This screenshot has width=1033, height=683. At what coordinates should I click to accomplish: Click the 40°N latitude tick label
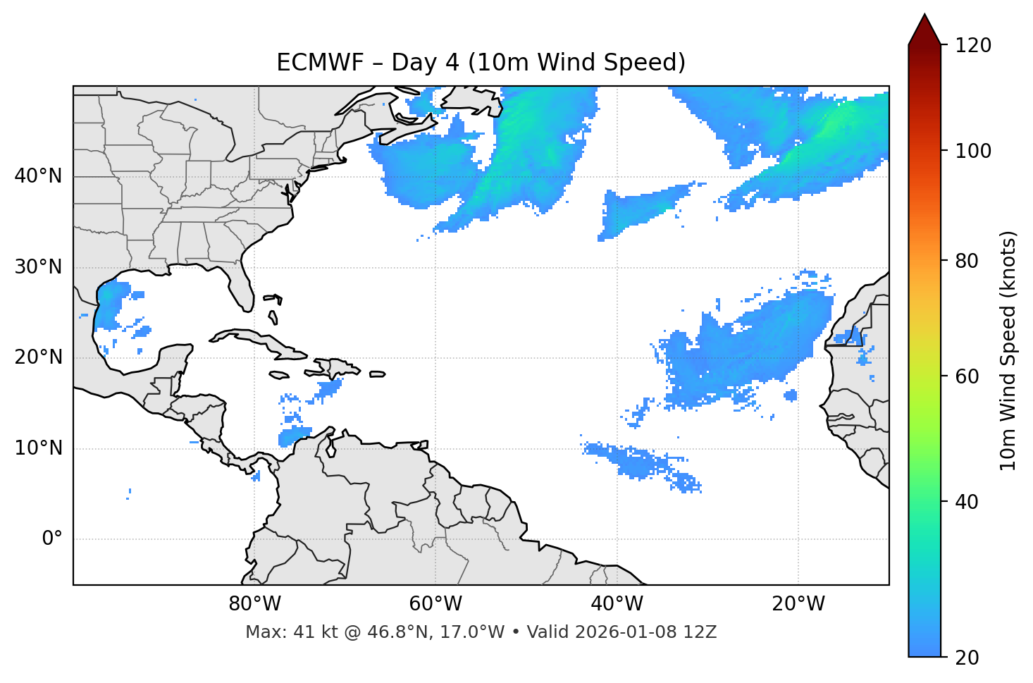[x=38, y=176]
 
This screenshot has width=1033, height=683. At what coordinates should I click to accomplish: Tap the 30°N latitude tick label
[x=38, y=267]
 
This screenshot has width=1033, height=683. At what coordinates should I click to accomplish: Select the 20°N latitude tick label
[x=38, y=358]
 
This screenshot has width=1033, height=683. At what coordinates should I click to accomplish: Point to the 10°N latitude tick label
[x=38, y=448]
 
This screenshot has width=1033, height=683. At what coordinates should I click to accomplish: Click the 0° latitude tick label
[x=52, y=539]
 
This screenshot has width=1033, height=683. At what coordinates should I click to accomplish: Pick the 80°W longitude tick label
[x=254, y=604]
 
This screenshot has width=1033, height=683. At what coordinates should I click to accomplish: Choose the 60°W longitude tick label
[x=435, y=604]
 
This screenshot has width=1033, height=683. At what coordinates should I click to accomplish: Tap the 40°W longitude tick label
[x=617, y=604]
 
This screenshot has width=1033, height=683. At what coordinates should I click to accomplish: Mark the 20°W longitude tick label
[x=798, y=604]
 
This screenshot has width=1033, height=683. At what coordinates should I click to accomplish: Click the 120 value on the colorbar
[x=972, y=46]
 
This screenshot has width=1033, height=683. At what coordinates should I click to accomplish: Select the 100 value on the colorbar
[x=972, y=151]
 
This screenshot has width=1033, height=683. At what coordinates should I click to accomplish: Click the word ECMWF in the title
[x=311, y=63]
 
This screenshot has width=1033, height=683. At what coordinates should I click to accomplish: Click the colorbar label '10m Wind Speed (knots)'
[x=1008, y=351]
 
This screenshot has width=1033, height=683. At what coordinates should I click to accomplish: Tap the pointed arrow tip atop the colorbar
[x=924, y=17]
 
